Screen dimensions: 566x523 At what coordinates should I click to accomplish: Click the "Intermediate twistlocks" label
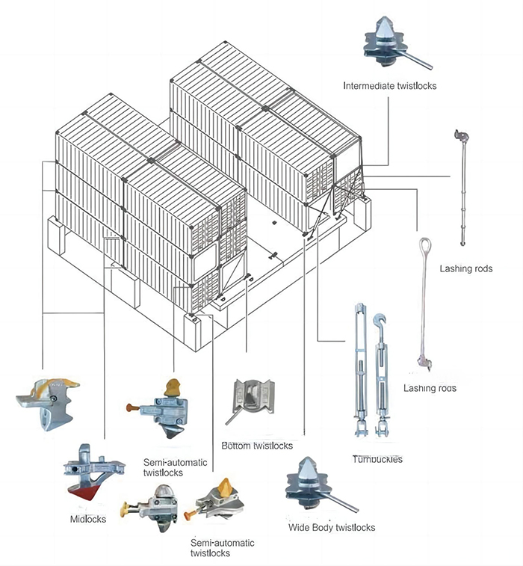point(389,86)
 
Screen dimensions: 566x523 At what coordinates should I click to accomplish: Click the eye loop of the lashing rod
point(424,246)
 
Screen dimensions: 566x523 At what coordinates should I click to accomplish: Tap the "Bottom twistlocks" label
point(256,446)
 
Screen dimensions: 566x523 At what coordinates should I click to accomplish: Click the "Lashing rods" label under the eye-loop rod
point(430,388)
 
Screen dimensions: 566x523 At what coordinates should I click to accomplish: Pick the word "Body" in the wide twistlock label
point(328,527)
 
